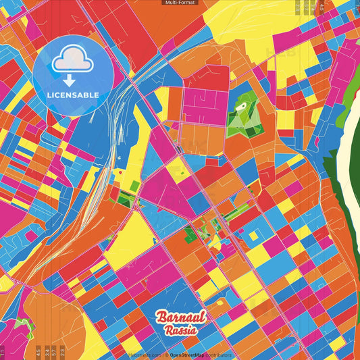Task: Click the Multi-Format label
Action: pyautogui.click(x=180, y=3)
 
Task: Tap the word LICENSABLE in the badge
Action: pyautogui.click(x=73, y=95)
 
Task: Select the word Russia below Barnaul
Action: pyautogui.click(x=180, y=330)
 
